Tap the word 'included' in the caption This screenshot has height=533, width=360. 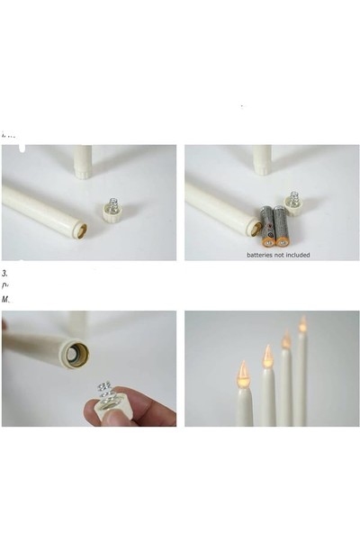(x=296, y=255)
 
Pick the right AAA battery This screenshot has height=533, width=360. (x=281, y=226)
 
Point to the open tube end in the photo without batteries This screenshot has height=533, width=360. (x=80, y=230)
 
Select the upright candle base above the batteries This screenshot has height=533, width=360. (x=262, y=161)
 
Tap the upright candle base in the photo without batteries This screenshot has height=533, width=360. (x=83, y=163)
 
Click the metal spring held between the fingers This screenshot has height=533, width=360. (x=105, y=393)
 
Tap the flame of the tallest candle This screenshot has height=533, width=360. (x=302, y=324)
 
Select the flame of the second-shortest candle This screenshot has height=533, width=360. (x=267, y=355)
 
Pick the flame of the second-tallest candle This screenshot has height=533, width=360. (x=286, y=340)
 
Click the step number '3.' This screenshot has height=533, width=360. (x=5, y=272)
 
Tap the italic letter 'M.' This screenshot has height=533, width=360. (x=6, y=299)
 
